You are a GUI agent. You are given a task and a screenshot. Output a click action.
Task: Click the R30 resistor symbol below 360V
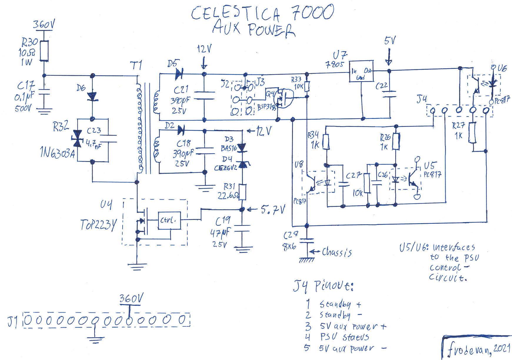[x=44, y=51]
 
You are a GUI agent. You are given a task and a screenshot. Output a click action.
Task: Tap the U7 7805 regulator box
[x=361, y=71]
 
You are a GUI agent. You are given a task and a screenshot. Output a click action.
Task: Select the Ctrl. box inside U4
[x=169, y=220]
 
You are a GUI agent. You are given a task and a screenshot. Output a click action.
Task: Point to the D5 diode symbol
[x=179, y=74]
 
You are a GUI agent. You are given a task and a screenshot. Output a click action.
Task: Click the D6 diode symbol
[x=92, y=96]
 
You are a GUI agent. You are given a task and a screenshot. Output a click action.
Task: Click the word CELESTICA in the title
[x=235, y=14]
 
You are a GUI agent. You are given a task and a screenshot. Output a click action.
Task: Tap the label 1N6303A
[x=57, y=153]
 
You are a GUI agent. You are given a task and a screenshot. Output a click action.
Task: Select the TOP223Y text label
[x=98, y=225]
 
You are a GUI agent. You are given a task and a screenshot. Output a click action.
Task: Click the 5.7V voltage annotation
[x=273, y=210]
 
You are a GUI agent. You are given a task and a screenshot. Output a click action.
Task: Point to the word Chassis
[x=337, y=252]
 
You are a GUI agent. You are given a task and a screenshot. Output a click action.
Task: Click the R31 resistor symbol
[x=242, y=192]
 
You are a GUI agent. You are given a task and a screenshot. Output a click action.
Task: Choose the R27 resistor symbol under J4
[x=472, y=133]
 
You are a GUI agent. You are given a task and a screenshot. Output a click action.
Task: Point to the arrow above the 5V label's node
[x=389, y=57]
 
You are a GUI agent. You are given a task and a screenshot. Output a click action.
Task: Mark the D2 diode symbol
[x=181, y=130]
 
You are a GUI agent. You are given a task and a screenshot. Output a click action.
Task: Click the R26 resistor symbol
[x=396, y=141]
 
